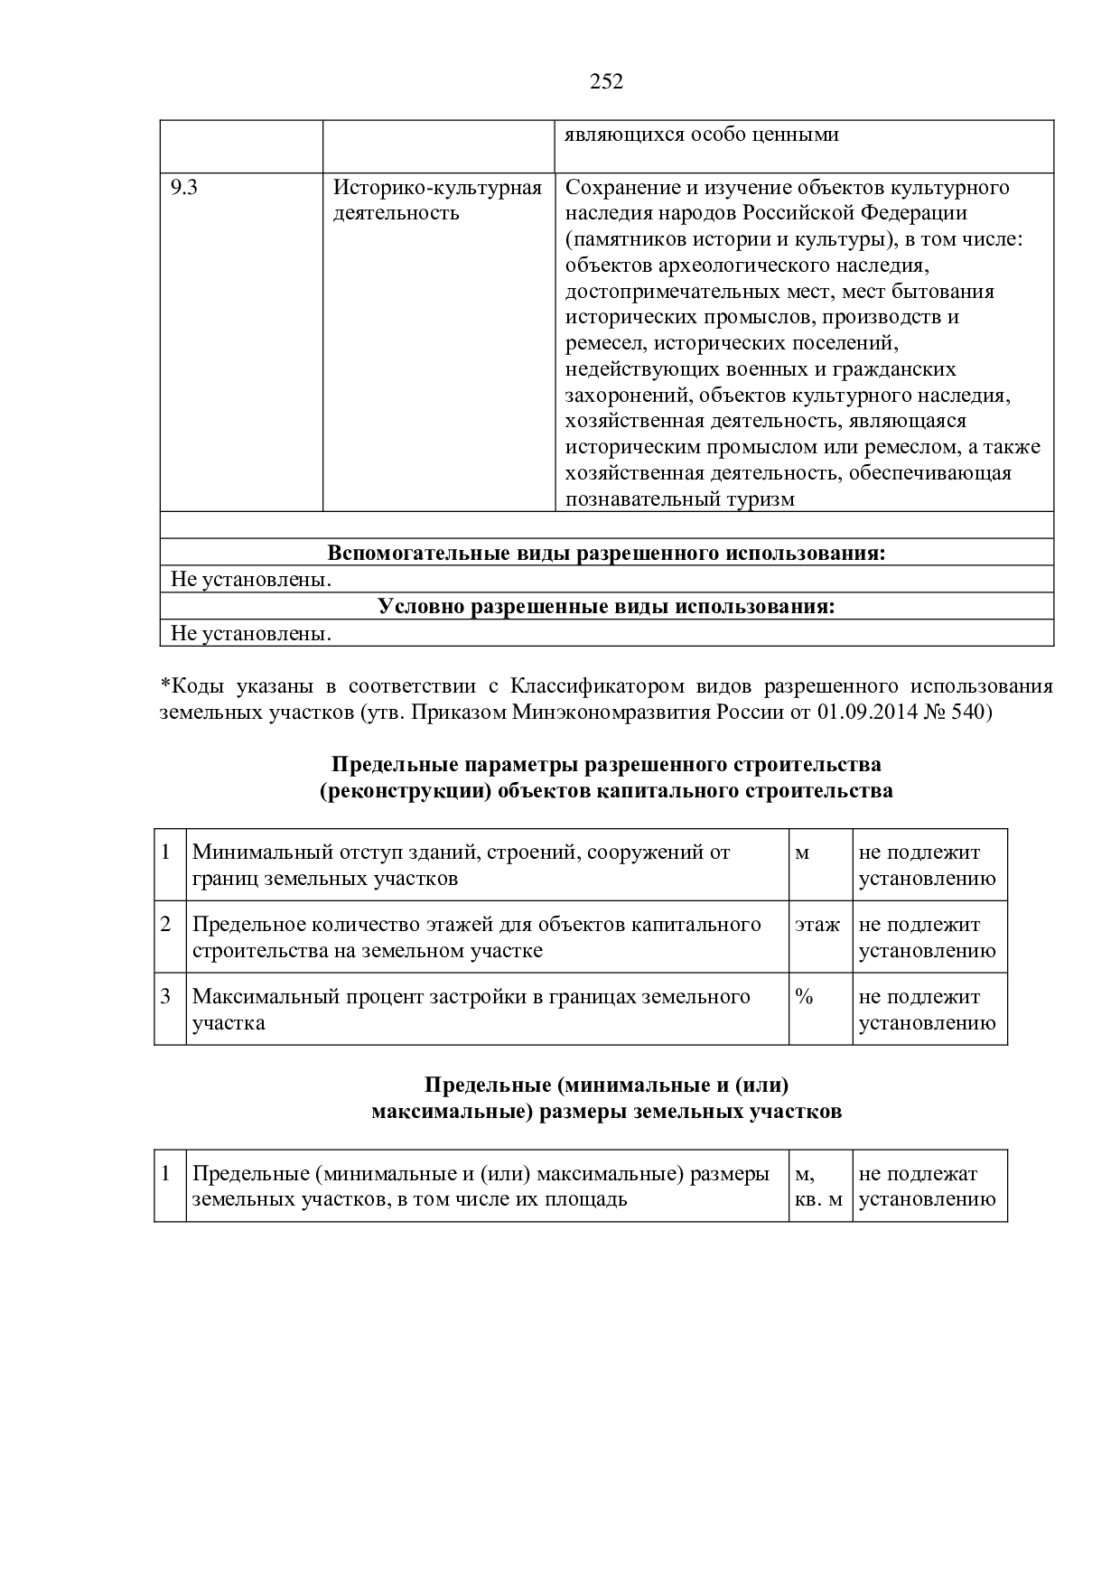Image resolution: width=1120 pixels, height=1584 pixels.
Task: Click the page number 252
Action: pyautogui.click(x=606, y=82)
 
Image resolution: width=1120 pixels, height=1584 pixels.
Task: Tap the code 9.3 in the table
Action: pyautogui.click(x=183, y=188)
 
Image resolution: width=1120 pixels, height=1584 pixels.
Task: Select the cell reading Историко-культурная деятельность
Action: pyautogui.click(x=437, y=200)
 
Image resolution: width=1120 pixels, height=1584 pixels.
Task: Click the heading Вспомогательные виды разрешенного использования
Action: pyautogui.click(x=606, y=553)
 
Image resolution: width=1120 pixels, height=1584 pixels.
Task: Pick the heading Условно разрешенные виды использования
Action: pyautogui.click(x=606, y=606)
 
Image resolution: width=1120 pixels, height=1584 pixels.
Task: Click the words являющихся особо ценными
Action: pyautogui.click(x=702, y=135)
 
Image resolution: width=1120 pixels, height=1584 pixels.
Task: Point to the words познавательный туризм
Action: pyautogui.click(x=680, y=499)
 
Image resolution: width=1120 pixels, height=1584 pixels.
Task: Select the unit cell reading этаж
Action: pyautogui.click(x=817, y=925)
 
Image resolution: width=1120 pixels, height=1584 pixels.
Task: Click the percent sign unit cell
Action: pyautogui.click(x=804, y=997)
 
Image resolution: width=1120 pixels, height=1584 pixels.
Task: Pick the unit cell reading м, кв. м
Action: pyautogui.click(x=818, y=1187)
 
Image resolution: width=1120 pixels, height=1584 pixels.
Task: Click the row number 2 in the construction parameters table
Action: pyautogui.click(x=166, y=924)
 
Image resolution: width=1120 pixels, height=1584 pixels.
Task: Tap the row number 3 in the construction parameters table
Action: pyautogui.click(x=166, y=996)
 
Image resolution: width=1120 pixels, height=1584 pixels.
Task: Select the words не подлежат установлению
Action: pyautogui.click(x=927, y=1187)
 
